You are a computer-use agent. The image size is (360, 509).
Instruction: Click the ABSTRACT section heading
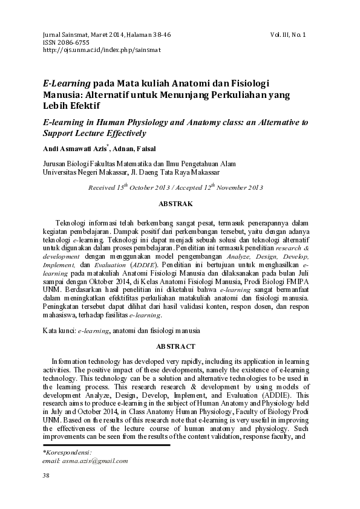coord(175,347)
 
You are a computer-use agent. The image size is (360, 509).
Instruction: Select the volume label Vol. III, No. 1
coord(288,35)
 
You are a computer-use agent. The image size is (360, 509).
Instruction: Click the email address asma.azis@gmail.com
coord(85,461)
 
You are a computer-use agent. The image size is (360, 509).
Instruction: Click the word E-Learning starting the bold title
coord(65,83)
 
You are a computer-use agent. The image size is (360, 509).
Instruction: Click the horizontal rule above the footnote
coord(106,446)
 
